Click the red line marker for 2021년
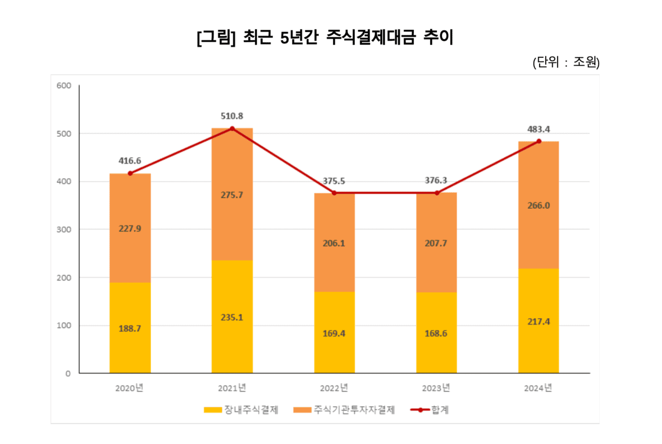[x=232, y=129]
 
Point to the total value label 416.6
[x=130, y=161]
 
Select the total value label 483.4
[x=538, y=129]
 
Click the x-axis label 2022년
[x=334, y=388]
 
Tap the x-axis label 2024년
[x=538, y=388]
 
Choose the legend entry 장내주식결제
[x=241, y=410]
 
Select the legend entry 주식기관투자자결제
[x=345, y=410]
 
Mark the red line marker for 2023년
[x=436, y=193]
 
